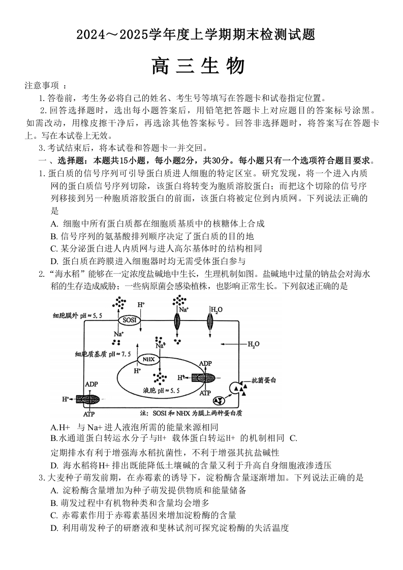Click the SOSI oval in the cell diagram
[x=128, y=321]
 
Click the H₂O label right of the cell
[x=253, y=344]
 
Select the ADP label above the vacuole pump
[x=205, y=364]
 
